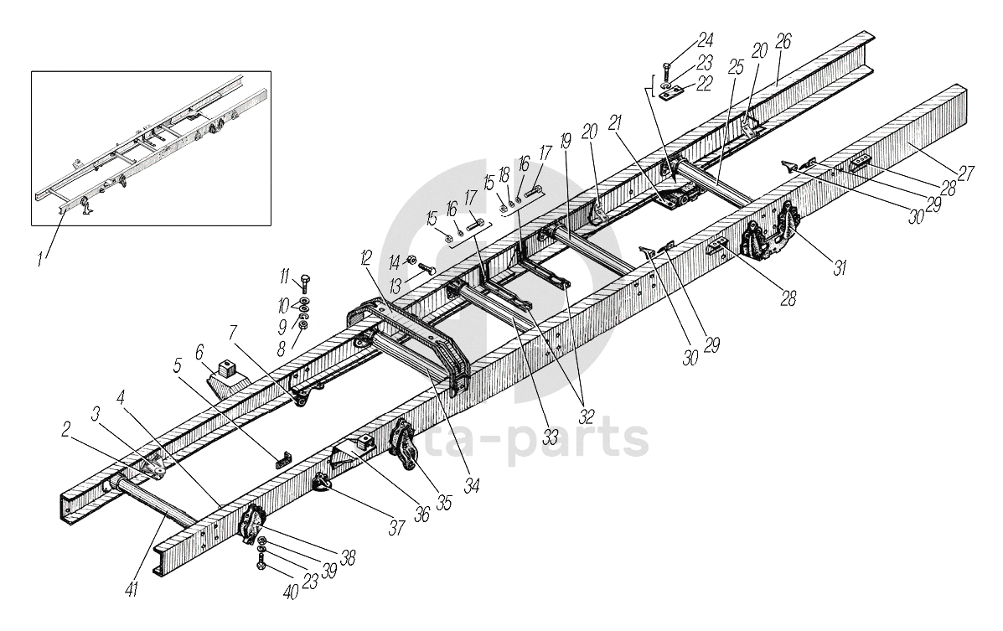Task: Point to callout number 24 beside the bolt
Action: coord(705,39)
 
